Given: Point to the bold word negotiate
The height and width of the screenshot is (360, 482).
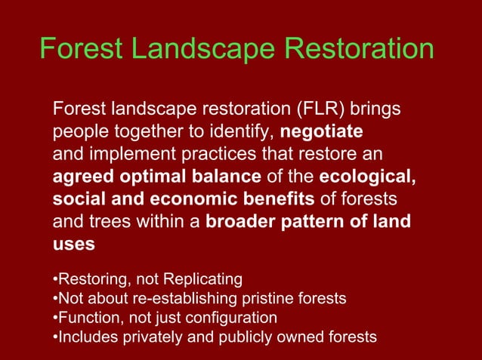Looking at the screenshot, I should point(321,133).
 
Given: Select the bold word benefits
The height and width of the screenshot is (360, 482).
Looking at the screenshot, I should point(275,200).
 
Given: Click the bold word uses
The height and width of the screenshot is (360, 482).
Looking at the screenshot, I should point(73,245).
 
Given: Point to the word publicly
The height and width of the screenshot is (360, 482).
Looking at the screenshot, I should point(239,336).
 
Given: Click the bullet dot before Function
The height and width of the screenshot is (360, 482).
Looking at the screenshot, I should point(55,318).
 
